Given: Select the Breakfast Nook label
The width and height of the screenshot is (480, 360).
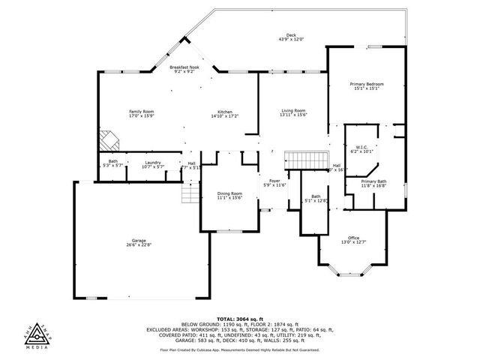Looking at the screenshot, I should (x=184, y=67).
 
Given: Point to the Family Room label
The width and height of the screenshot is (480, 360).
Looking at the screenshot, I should (x=140, y=112).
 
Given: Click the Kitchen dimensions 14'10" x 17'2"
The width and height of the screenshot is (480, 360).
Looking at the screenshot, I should (x=224, y=116).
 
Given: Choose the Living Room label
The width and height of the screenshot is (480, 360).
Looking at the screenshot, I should (x=293, y=110).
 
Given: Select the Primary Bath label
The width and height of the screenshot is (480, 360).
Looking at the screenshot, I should (x=373, y=181).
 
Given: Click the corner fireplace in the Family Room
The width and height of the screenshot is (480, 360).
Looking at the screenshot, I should (x=109, y=139).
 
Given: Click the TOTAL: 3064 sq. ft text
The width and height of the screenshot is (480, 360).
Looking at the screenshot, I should (x=240, y=318).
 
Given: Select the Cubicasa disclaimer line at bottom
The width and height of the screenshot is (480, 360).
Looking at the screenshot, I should (x=240, y=349).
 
